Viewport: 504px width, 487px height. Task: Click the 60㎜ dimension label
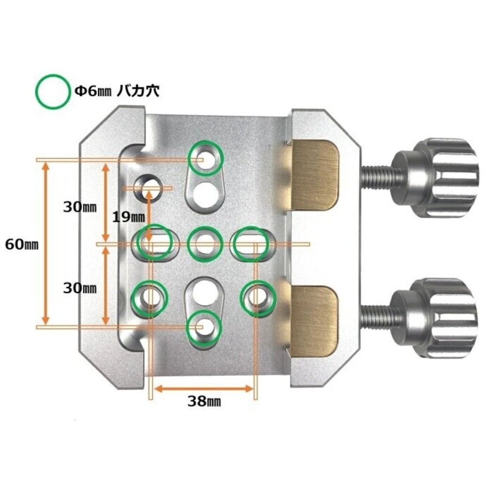tap(22, 244)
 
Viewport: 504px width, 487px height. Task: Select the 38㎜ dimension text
tap(204, 401)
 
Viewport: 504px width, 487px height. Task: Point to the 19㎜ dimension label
tap(129, 218)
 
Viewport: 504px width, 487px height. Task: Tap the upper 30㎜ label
tap(80, 207)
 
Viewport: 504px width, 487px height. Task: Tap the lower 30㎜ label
tap(80, 288)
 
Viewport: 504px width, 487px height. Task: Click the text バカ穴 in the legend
tap(138, 91)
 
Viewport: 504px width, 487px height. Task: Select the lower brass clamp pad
tap(314, 321)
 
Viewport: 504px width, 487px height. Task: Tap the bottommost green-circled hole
tap(204, 327)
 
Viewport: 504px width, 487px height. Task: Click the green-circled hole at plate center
tap(205, 243)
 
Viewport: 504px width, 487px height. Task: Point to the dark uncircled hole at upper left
tap(148, 188)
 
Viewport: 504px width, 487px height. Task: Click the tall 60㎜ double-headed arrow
tap(46, 243)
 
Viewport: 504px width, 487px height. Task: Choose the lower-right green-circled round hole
tap(258, 298)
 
